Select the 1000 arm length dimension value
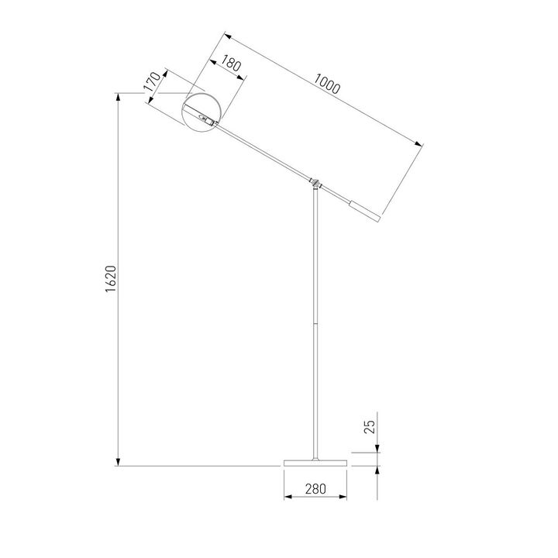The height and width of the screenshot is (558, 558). click(328, 83)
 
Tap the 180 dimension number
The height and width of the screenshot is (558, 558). click(231, 64)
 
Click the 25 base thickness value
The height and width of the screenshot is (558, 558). click(370, 425)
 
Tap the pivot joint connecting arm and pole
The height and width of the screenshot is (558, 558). click(315, 182)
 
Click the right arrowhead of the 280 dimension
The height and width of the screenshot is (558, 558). click(343, 498)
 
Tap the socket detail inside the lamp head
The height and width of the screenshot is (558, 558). click(206, 119)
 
